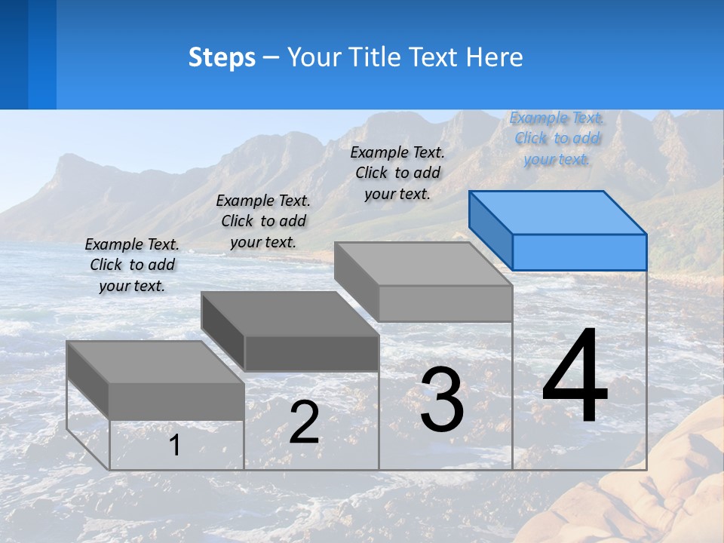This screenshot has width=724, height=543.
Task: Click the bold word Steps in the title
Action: [x=222, y=57]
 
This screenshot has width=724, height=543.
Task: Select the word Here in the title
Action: [x=493, y=57]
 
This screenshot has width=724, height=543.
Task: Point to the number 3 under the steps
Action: [x=442, y=400]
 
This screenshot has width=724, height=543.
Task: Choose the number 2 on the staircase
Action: [x=304, y=422]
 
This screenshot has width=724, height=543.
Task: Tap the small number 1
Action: [x=174, y=445]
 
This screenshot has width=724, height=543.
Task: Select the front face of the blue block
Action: [x=579, y=252]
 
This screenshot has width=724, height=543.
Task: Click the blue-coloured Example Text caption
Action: [x=556, y=139]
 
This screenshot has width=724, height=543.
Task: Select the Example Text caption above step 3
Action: [x=397, y=173]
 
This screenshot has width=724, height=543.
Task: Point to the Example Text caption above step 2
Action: [x=263, y=221]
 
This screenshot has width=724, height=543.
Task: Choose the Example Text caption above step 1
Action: [x=132, y=265]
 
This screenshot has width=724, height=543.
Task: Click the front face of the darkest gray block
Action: [x=311, y=353]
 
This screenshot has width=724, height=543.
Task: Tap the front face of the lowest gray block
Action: [x=176, y=401]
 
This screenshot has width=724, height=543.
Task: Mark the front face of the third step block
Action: [x=445, y=304]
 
